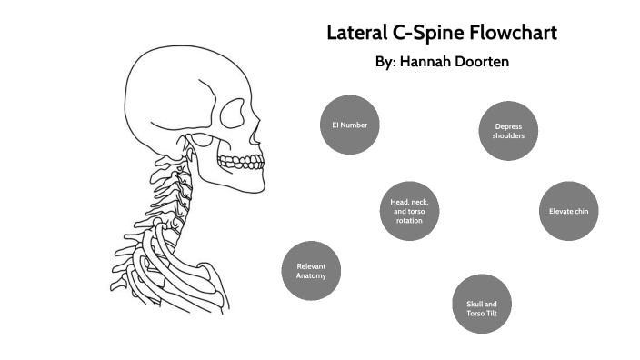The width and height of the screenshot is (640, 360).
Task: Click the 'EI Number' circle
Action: [x=349, y=125]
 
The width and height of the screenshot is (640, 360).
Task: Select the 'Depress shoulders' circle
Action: [x=508, y=132]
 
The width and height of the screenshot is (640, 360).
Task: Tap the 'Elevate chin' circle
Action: [x=569, y=211]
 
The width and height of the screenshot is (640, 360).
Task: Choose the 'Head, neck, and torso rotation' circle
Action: [x=409, y=211]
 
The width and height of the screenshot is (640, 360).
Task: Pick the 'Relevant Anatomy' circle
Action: [x=311, y=270]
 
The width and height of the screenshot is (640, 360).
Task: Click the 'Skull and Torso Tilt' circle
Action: [x=482, y=303]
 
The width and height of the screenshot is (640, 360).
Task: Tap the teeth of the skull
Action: [x=242, y=163]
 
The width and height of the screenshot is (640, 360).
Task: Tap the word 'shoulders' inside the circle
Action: [x=508, y=136]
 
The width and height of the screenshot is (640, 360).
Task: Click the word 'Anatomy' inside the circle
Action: [x=311, y=275]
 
